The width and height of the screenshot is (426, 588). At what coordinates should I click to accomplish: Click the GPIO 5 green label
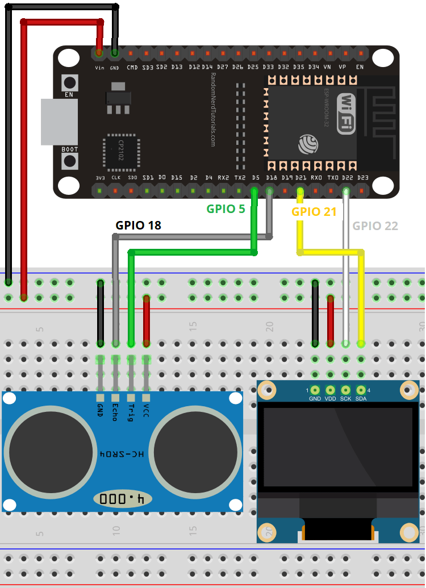coord(225,208)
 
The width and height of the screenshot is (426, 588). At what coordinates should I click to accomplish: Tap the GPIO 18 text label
coord(138,225)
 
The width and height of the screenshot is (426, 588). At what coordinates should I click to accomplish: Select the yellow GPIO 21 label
coord(314,212)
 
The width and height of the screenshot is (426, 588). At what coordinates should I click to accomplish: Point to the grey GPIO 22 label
coord(375,226)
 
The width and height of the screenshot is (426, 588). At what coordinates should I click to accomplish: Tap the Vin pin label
coord(99,67)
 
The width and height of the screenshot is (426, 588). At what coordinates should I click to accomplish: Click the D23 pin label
coord(363,178)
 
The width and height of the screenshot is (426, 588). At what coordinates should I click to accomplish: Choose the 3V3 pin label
coord(100,178)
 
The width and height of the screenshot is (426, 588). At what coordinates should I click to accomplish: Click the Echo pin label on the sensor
coord(115,411)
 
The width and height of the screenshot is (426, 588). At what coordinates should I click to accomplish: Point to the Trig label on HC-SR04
coord(131,411)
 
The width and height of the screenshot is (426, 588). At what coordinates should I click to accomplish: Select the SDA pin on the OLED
coord(361,399)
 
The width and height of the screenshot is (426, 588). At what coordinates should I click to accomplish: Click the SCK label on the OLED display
coord(345,399)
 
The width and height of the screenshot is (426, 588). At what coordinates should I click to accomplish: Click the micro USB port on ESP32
coord(59,122)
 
